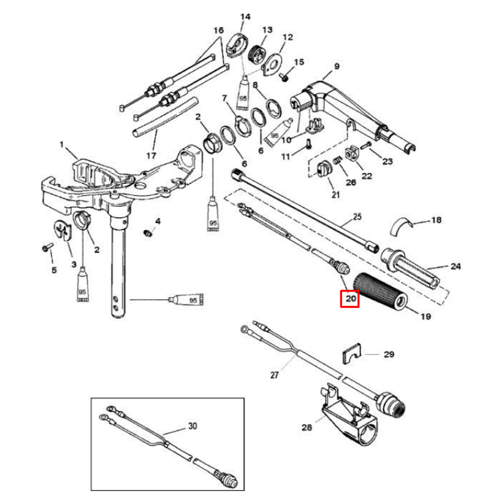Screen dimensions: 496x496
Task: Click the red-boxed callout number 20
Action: [349, 299]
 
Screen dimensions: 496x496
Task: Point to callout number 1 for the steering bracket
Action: [62, 145]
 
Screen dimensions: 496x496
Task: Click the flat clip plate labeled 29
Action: [351, 355]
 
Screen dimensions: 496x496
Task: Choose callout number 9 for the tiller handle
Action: [337, 66]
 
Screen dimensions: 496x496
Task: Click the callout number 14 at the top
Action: [245, 17]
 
